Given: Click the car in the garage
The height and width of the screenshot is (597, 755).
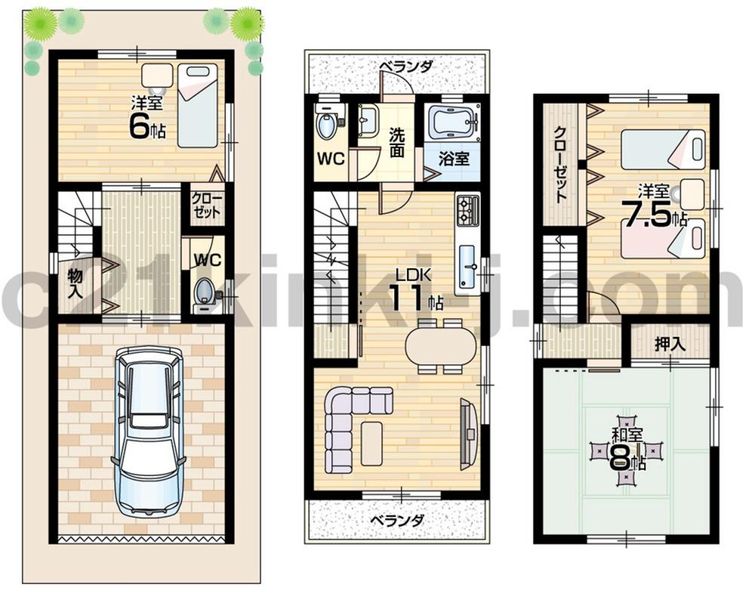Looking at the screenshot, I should [148, 432].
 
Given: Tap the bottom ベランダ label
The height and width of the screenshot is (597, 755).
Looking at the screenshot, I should [397, 521].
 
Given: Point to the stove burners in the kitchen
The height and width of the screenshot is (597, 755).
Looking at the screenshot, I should [467, 210].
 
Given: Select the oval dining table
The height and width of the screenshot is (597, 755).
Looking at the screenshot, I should [441, 346].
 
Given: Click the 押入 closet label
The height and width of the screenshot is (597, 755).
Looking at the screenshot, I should [670, 344].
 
